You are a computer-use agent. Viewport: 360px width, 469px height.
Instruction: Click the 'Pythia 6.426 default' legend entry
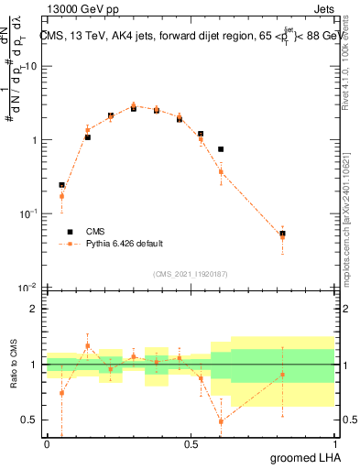(x=125, y=244)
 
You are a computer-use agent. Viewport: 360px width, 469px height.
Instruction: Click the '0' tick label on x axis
(x=47, y=444)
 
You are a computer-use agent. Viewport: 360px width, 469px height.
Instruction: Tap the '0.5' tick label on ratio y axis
(x=32, y=420)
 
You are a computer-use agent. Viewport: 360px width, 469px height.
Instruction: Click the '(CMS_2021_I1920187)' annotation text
(x=190, y=273)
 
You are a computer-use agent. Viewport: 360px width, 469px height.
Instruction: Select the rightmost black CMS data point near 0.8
(x=282, y=234)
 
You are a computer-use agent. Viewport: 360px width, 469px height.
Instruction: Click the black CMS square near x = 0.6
(x=221, y=148)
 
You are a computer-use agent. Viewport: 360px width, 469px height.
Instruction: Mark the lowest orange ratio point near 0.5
(x=221, y=421)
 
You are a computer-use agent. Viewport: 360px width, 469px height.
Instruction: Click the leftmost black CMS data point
(x=61, y=185)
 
